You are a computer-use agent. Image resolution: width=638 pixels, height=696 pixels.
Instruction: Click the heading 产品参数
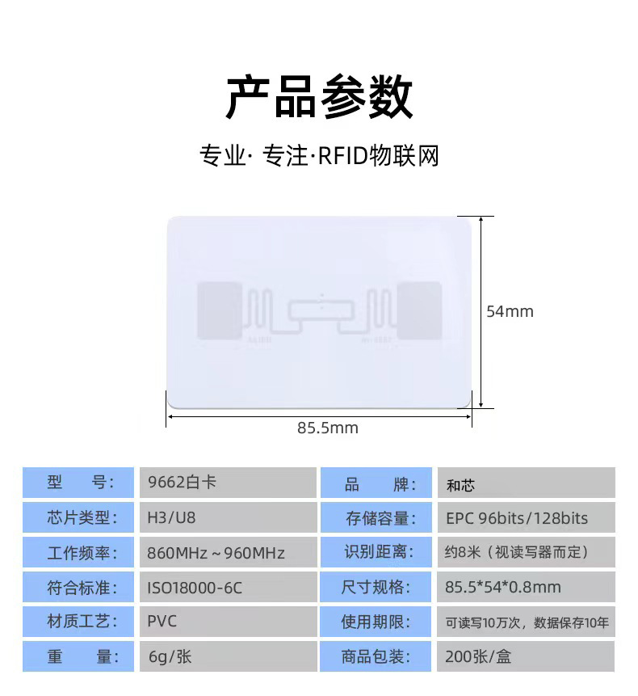click(319, 98)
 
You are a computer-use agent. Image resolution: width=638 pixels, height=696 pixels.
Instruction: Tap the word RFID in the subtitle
click(341, 155)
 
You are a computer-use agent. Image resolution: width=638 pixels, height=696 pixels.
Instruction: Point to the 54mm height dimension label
click(510, 311)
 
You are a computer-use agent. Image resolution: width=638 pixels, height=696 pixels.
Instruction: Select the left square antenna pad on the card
click(220, 310)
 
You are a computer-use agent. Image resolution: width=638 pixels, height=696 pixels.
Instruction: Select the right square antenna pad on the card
click(418, 310)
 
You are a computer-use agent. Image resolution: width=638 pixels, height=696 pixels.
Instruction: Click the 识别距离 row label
click(379, 552)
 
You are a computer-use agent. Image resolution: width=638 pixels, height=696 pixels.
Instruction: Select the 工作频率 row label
click(81, 553)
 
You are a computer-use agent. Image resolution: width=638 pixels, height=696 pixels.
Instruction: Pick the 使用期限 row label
click(379, 622)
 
